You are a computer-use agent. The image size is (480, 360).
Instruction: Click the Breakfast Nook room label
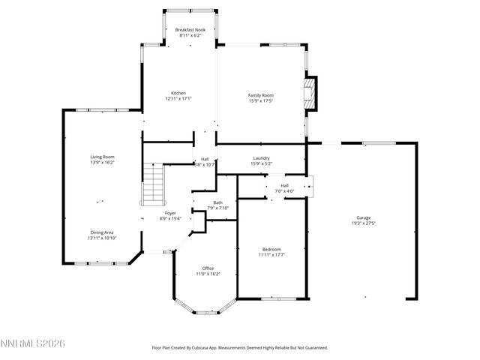[190, 29]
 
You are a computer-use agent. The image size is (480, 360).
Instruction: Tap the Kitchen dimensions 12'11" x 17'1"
[178, 98]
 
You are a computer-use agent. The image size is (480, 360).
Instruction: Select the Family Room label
[260, 95]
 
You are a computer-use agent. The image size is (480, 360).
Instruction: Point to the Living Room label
[102, 157]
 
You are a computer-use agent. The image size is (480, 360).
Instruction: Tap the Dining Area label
[102, 232]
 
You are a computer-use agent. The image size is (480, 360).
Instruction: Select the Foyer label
[170, 213]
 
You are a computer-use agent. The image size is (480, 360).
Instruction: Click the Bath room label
[217, 202]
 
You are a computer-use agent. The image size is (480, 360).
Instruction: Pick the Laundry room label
[261, 158]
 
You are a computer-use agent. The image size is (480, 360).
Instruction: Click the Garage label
[363, 218]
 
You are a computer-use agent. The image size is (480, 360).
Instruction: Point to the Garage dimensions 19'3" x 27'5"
[363, 223]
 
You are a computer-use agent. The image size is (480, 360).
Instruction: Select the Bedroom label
[271, 249]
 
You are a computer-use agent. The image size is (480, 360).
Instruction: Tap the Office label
[208, 268]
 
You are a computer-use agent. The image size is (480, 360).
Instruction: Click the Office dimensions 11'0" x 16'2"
[208, 274]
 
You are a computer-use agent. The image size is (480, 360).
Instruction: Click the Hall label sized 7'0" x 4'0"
[284, 185]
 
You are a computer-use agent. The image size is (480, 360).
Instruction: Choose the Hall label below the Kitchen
[205, 159]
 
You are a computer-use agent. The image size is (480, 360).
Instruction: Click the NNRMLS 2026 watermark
[34, 343]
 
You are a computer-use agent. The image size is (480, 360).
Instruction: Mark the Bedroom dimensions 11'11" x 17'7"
[271, 254]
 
